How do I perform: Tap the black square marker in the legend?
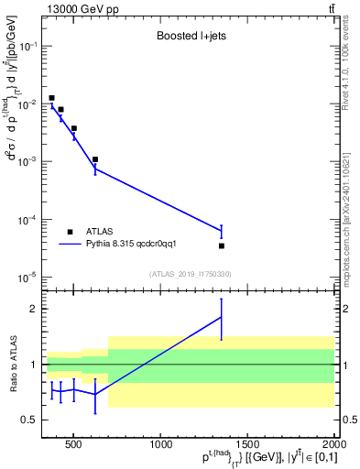[x=71, y=232]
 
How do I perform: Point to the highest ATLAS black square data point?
[x=51, y=98]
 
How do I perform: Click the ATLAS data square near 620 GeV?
[x=95, y=159]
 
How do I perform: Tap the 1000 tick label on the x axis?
[x=161, y=445]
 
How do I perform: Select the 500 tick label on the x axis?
[x=75, y=445]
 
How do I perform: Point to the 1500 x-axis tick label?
[x=247, y=445]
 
